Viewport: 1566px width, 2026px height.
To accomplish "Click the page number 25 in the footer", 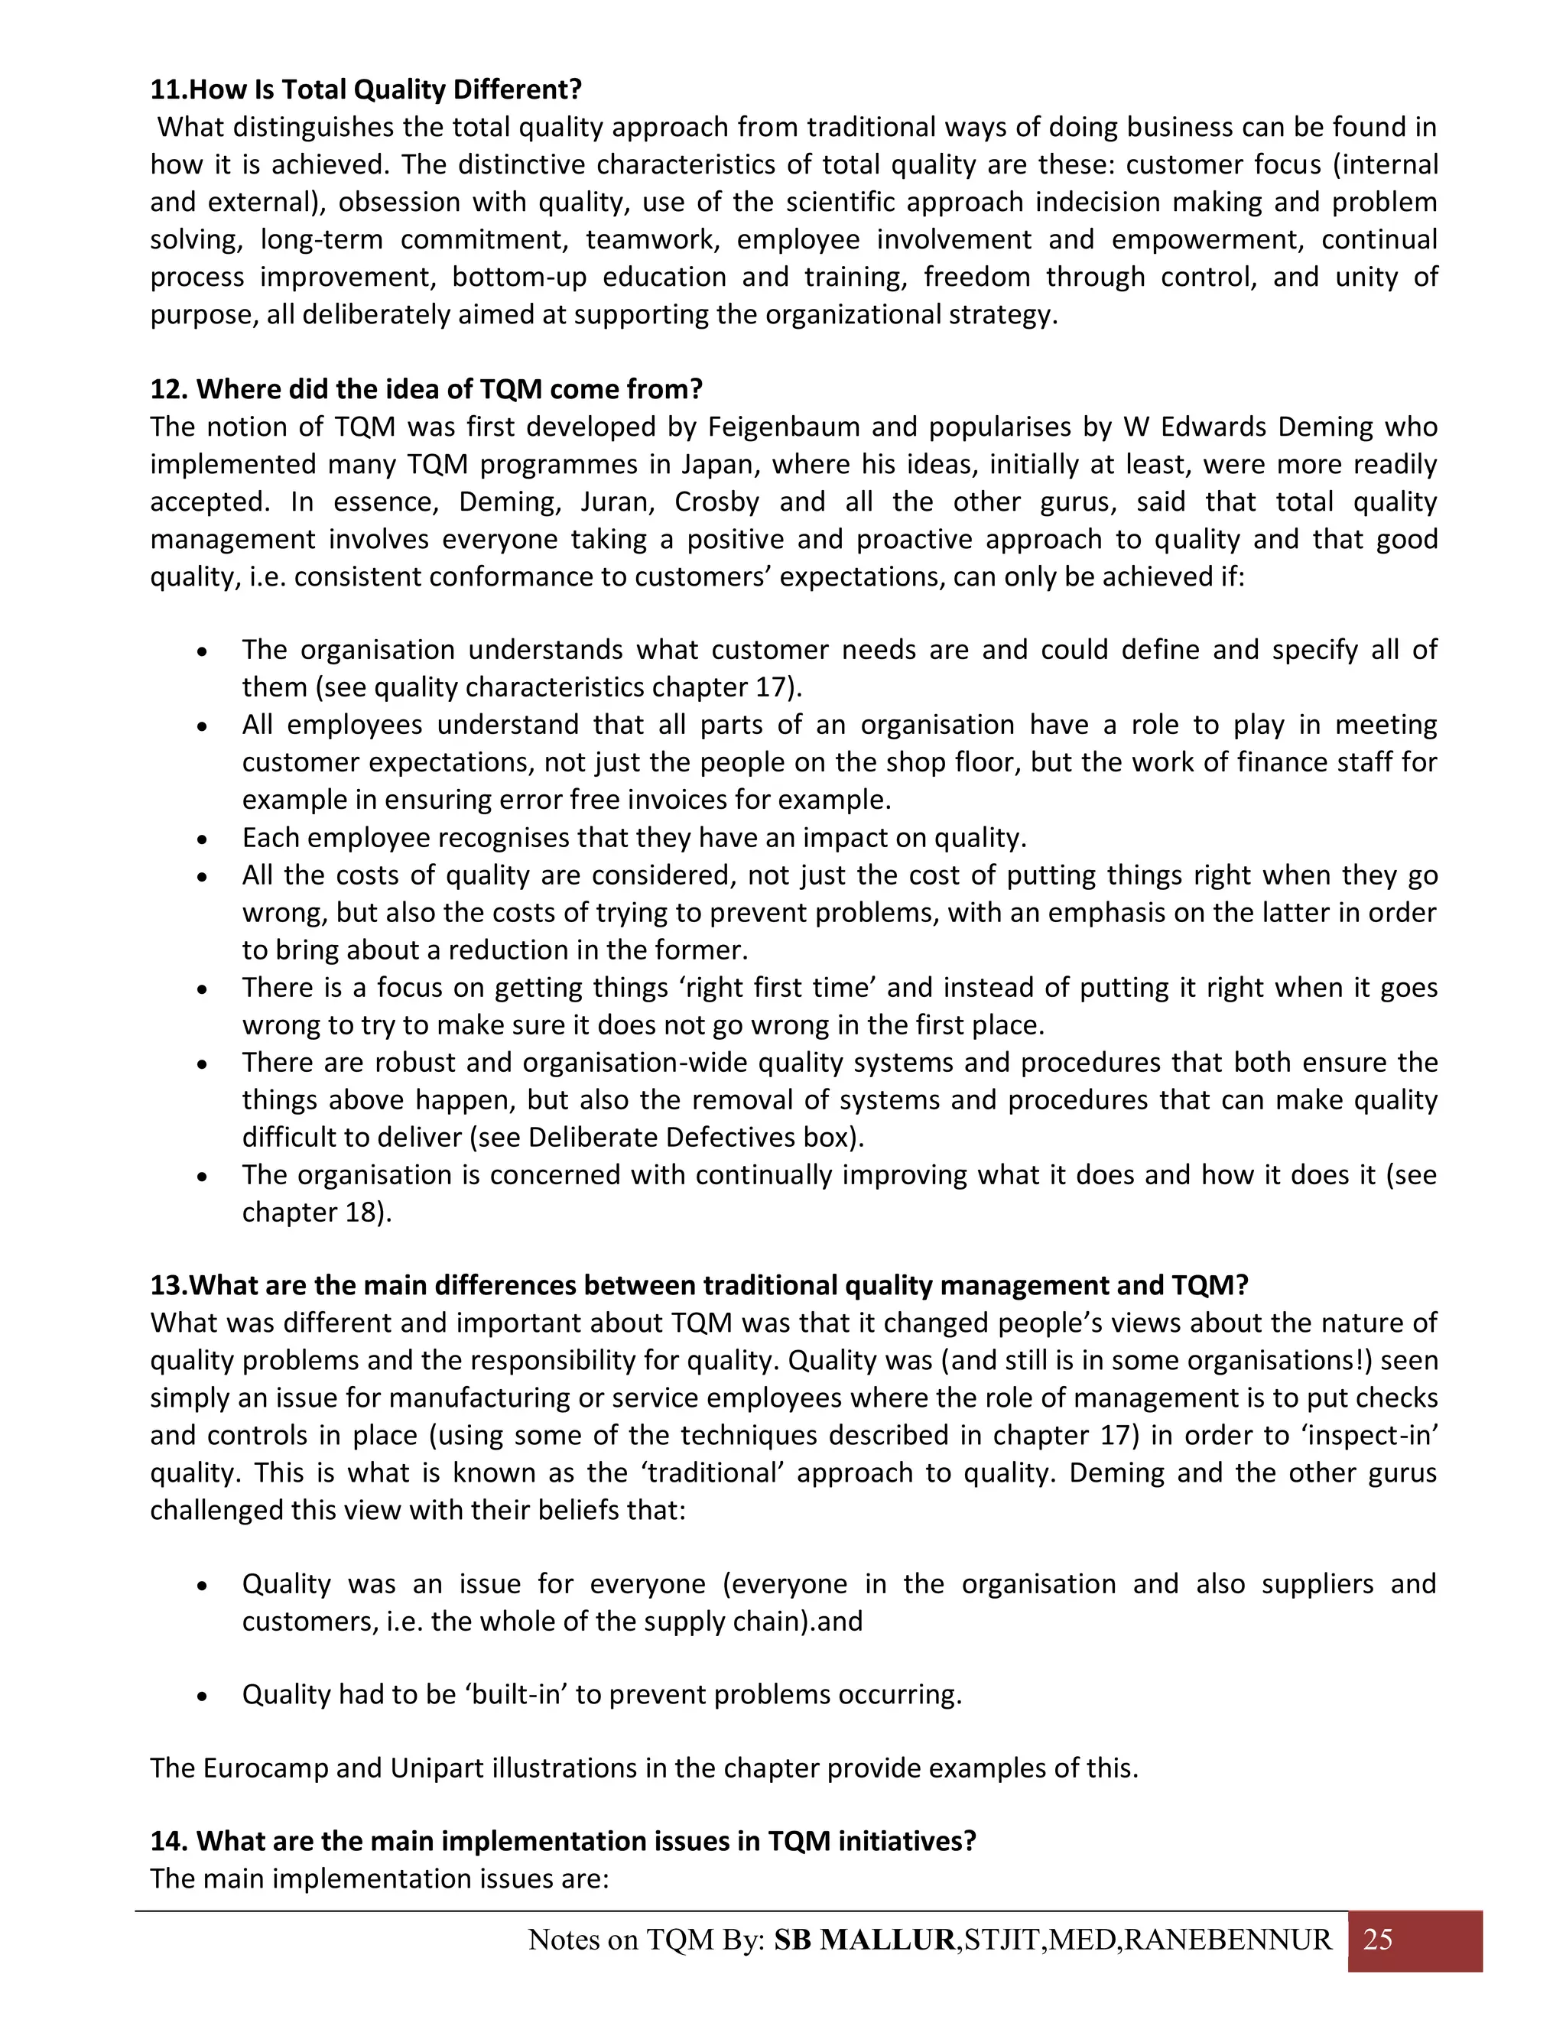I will (x=1378, y=1940).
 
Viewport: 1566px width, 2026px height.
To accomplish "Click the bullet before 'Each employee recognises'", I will (x=202, y=839).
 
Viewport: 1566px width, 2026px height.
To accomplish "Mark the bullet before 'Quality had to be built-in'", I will (x=202, y=1696).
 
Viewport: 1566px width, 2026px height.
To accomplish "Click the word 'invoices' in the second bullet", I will (x=682, y=800).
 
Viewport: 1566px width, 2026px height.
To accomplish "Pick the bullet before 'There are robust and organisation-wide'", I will (x=202, y=1063).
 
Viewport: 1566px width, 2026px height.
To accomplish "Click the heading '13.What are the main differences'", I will (x=700, y=1285).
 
